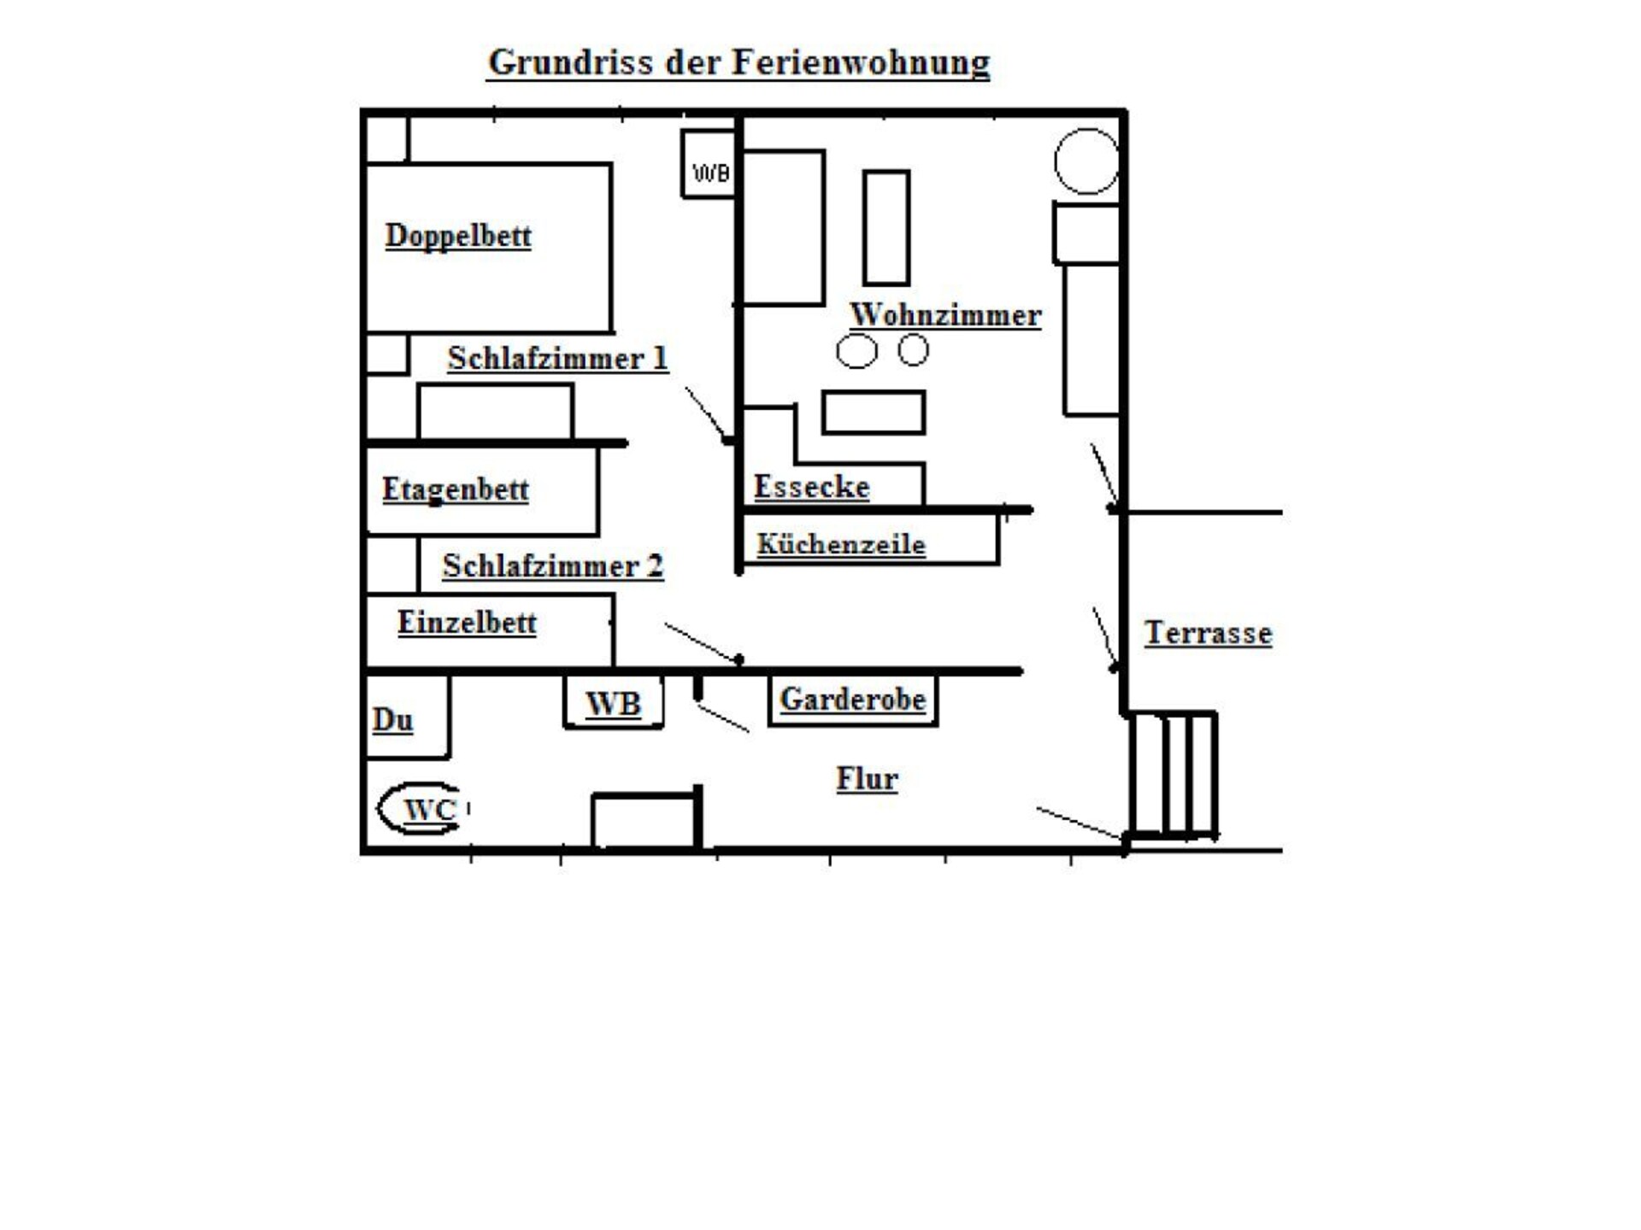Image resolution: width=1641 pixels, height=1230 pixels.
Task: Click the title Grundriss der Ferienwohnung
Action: tap(738, 62)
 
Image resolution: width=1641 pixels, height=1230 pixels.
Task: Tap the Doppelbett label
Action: tap(458, 236)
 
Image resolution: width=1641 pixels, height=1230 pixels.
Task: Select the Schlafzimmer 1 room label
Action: tap(557, 358)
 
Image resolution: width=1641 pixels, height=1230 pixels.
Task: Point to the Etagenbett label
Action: tap(455, 489)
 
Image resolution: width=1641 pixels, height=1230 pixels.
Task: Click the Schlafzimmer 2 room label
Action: tap(553, 565)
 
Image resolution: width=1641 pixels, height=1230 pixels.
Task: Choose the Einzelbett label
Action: tap(467, 622)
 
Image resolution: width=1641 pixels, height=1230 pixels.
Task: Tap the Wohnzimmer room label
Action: tap(945, 314)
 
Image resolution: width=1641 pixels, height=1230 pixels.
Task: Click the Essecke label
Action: tap(811, 486)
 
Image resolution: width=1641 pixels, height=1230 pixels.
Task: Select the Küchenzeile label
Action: tap(841, 544)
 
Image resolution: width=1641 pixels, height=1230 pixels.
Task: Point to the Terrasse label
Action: tap(1208, 633)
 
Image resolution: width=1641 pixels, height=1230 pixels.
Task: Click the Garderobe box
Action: tap(853, 700)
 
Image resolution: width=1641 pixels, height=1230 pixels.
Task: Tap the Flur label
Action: tap(867, 778)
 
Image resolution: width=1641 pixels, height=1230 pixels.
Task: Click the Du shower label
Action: tap(392, 720)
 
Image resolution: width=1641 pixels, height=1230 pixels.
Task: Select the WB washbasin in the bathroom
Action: tap(614, 702)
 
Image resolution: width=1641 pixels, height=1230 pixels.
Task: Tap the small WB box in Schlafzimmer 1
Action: tap(709, 164)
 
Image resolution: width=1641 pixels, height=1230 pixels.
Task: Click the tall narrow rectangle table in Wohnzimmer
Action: tap(886, 227)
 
